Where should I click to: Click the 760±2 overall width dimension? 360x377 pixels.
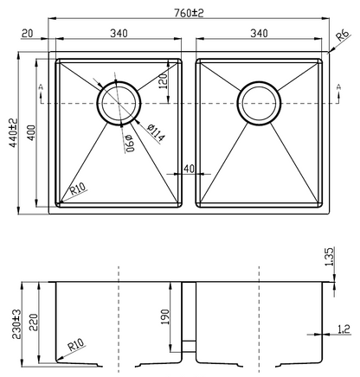coord(189,13)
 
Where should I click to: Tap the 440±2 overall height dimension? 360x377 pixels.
coord(14,133)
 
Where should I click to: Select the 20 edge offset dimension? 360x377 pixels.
coord(28,34)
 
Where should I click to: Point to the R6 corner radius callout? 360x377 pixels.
coord(343,35)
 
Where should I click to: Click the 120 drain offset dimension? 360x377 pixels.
coord(163,81)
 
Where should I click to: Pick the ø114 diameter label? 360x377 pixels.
coord(156,133)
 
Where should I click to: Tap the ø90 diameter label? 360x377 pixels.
coord(130,143)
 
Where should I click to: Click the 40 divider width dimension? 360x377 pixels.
coord(190,169)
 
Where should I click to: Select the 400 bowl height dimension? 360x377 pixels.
coord(31,132)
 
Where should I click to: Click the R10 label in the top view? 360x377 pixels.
coord(78,188)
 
